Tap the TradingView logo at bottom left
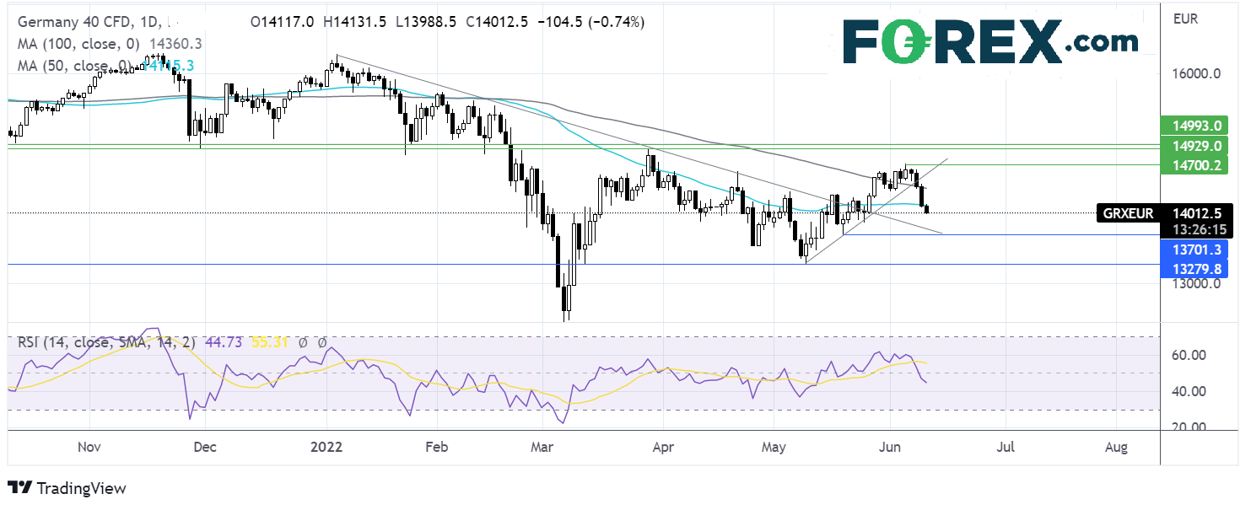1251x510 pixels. [67, 488]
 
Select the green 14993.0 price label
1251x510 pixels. [1193, 125]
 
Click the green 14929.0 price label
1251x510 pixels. [1193, 146]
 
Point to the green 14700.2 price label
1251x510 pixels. [1193, 166]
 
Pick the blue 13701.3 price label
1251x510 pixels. [1193, 249]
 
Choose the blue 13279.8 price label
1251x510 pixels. [1193, 269]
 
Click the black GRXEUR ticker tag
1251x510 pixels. [1128, 213]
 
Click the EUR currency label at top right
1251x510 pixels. [1185, 16]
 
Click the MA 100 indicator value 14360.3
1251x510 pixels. [174, 43]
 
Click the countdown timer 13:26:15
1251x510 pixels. [1193, 228]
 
